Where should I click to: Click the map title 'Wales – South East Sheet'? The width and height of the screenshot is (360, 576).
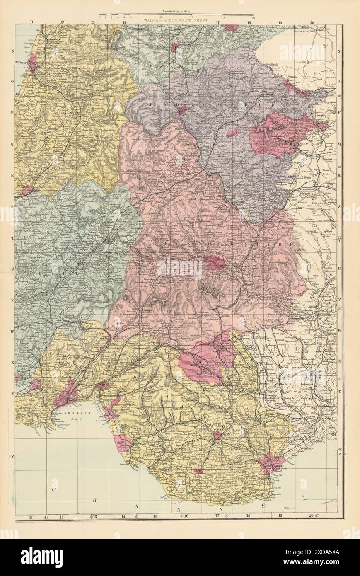(x=175, y=20)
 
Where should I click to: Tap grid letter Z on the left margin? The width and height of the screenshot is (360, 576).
(x=13, y=456)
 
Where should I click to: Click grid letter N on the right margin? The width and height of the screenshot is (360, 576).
(x=340, y=51)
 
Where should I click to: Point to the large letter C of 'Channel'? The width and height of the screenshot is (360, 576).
(x=53, y=490)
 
